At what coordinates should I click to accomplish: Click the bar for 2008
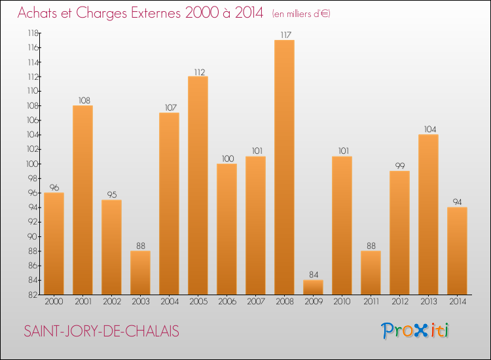(x=284, y=167)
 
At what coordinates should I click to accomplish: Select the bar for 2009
(x=313, y=287)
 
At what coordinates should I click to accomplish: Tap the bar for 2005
(x=198, y=185)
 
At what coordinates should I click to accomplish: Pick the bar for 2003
(x=140, y=273)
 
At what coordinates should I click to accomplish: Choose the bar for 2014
(x=457, y=251)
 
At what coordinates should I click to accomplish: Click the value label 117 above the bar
(x=284, y=35)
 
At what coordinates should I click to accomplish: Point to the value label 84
(x=313, y=274)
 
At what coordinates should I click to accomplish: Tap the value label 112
(x=198, y=71)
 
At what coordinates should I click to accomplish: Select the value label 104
(x=428, y=129)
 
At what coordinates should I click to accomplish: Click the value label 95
(x=111, y=194)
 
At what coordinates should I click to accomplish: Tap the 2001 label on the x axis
(x=82, y=302)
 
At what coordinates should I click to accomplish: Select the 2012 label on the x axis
(x=399, y=302)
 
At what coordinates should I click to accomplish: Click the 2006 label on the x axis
(x=227, y=302)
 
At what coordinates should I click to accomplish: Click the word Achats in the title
(x=39, y=14)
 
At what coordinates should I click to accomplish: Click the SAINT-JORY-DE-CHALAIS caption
(x=101, y=331)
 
